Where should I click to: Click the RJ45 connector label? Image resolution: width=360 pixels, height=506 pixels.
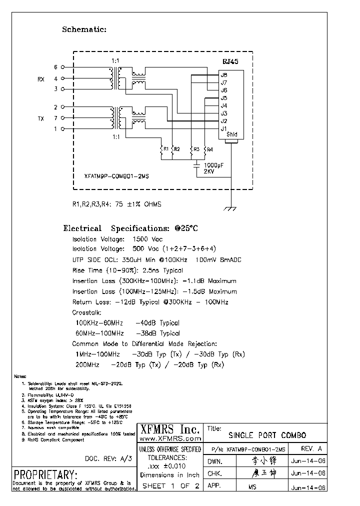(x=230, y=61)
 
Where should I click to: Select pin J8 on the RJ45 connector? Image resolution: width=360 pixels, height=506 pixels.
(x=224, y=75)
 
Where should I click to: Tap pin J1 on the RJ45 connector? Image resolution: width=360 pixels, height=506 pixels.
(x=224, y=128)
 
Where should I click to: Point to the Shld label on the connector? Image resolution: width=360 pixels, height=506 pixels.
(x=231, y=134)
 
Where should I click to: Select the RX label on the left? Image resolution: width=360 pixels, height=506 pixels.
(x=41, y=79)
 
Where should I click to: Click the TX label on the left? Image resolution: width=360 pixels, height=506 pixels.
(x=41, y=118)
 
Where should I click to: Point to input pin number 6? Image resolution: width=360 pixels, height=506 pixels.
(x=56, y=66)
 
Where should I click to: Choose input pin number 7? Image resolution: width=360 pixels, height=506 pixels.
(x=56, y=118)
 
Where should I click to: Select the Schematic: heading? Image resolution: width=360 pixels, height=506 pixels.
(x=84, y=29)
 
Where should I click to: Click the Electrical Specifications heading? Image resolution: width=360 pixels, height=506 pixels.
(x=130, y=228)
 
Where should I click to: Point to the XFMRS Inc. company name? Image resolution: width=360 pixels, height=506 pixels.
(x=169, y=428)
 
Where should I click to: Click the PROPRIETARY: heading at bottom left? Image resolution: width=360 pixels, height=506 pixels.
(x=45, y=474)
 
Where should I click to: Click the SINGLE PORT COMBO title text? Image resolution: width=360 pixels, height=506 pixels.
(x=267, y=435)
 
